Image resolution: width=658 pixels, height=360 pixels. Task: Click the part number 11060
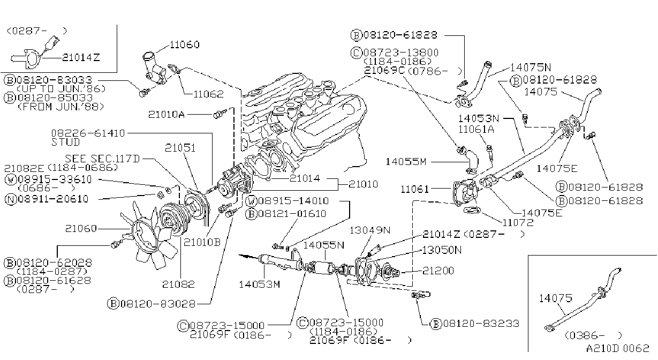[185, 44]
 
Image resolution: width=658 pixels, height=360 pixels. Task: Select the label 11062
[209, 94]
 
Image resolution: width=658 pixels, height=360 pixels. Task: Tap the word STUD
[65, 142]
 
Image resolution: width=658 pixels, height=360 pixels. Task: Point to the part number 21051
[180, 148]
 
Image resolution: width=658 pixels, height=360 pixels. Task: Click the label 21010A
[167, 114]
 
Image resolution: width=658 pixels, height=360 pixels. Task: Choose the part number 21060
[81, 228]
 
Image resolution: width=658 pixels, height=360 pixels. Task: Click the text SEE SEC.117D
[102, 159]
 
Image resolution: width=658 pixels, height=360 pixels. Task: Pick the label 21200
[438, 271]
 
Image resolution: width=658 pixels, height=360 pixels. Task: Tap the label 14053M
[259, 284]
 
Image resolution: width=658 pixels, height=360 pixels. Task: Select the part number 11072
[518, 222]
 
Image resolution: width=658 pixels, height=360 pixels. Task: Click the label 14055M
[406, 161]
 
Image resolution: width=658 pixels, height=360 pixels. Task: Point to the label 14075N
[531, 67]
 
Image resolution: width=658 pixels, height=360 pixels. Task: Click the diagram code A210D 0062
[617, 348]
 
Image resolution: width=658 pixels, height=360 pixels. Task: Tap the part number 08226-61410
[88, 133]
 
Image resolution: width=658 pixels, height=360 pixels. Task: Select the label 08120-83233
[481, 324]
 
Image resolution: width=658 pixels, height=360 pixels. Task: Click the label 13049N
[370, 230]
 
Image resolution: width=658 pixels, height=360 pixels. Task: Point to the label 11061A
[476, 129]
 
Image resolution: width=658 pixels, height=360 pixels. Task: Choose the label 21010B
[202, 242]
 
